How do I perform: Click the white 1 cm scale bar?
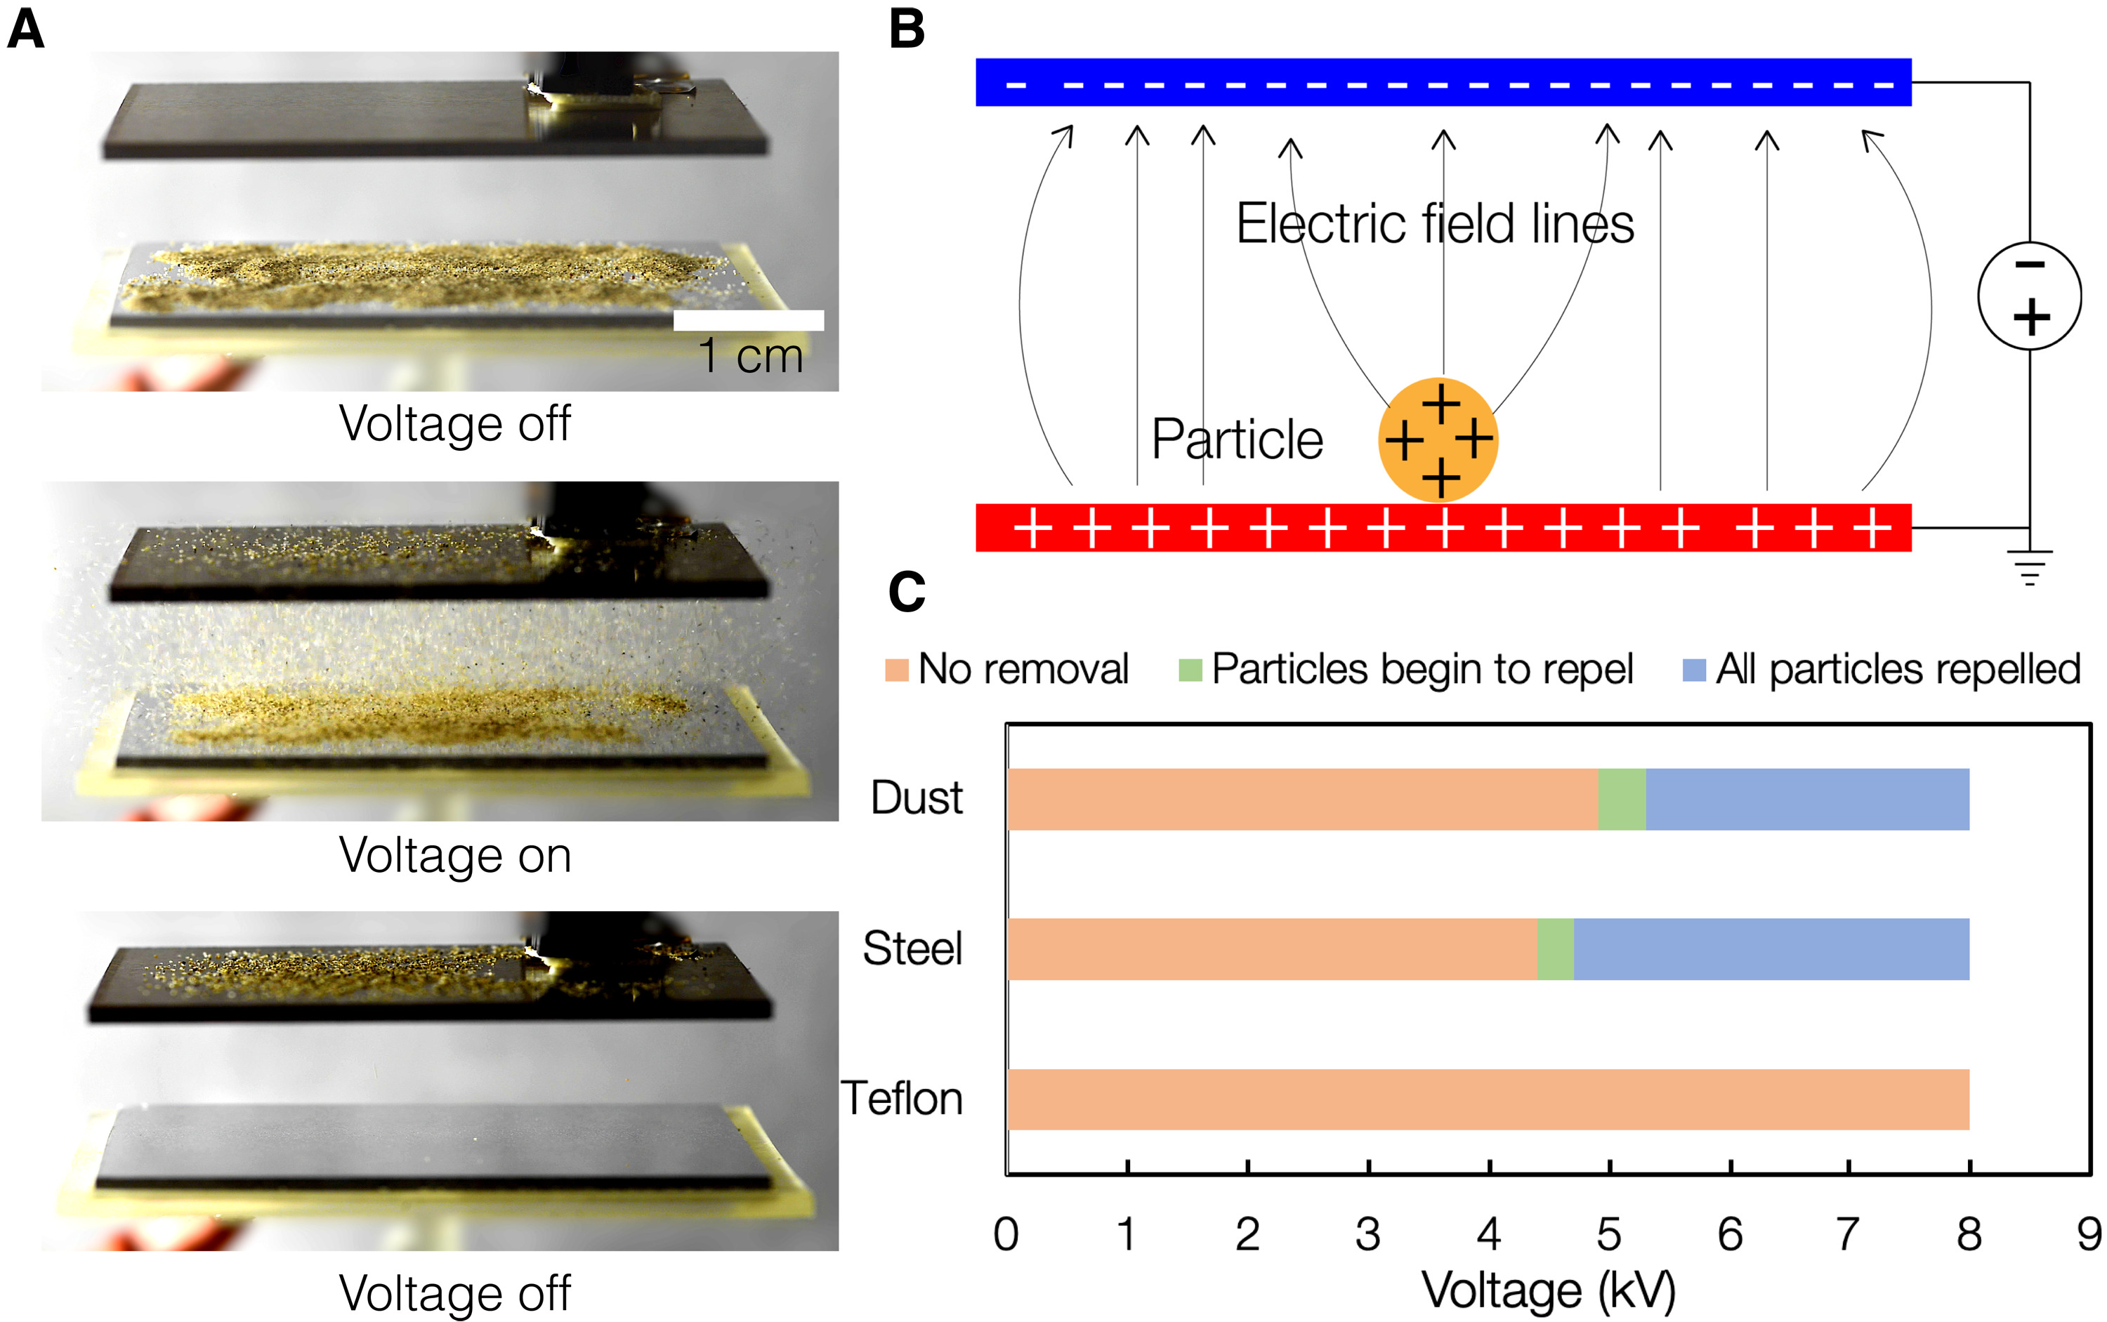point(748,320)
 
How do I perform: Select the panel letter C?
point(906,592)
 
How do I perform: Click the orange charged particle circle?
point(1437,439)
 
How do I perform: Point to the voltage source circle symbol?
point(2029,296)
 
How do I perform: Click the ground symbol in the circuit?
point(2029,567)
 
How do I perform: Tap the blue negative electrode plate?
point(1443,82)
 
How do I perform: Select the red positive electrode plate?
point(1443,527)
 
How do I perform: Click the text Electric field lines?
point(1434,224)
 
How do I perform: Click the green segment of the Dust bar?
point(1622,799)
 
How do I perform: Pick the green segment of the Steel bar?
point(1555,948)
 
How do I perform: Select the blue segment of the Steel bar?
point(1771,948)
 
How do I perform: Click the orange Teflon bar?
point(1487,1099)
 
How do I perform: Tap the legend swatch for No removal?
point(896,670)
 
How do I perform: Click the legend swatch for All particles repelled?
point(1694,670)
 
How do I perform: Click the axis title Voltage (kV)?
point(1548,1290)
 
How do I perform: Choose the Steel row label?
point(912,948)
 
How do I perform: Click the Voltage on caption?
point(455,855)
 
